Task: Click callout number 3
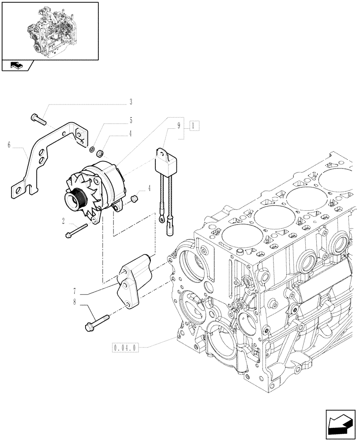(x=131, y=103)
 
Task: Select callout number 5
(x=131, y=120)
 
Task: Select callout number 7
(x=75, y=292)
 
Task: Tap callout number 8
(x=75, y=302)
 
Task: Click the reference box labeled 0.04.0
(x=126, y=348)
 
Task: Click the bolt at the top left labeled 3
(x=39, y=118)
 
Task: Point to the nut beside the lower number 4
(x=135, y=201)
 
